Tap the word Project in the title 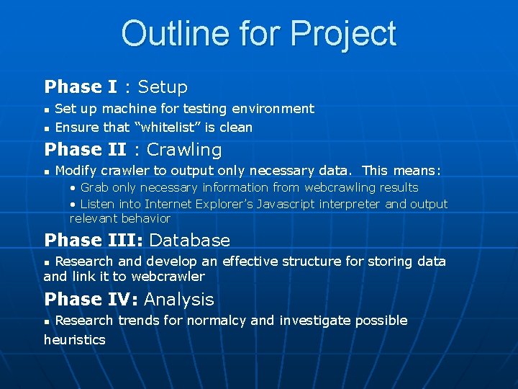click(343, 34)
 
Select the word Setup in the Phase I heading click(163, 87)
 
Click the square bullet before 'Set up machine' click(47, 109)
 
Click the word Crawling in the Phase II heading click(184, 150)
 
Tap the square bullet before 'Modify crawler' click(47, 171)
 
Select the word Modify click(77, 171)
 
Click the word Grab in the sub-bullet click(94, 187)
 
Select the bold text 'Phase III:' click(94, 241)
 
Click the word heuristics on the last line click(74, 339)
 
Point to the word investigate click(314, 321)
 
